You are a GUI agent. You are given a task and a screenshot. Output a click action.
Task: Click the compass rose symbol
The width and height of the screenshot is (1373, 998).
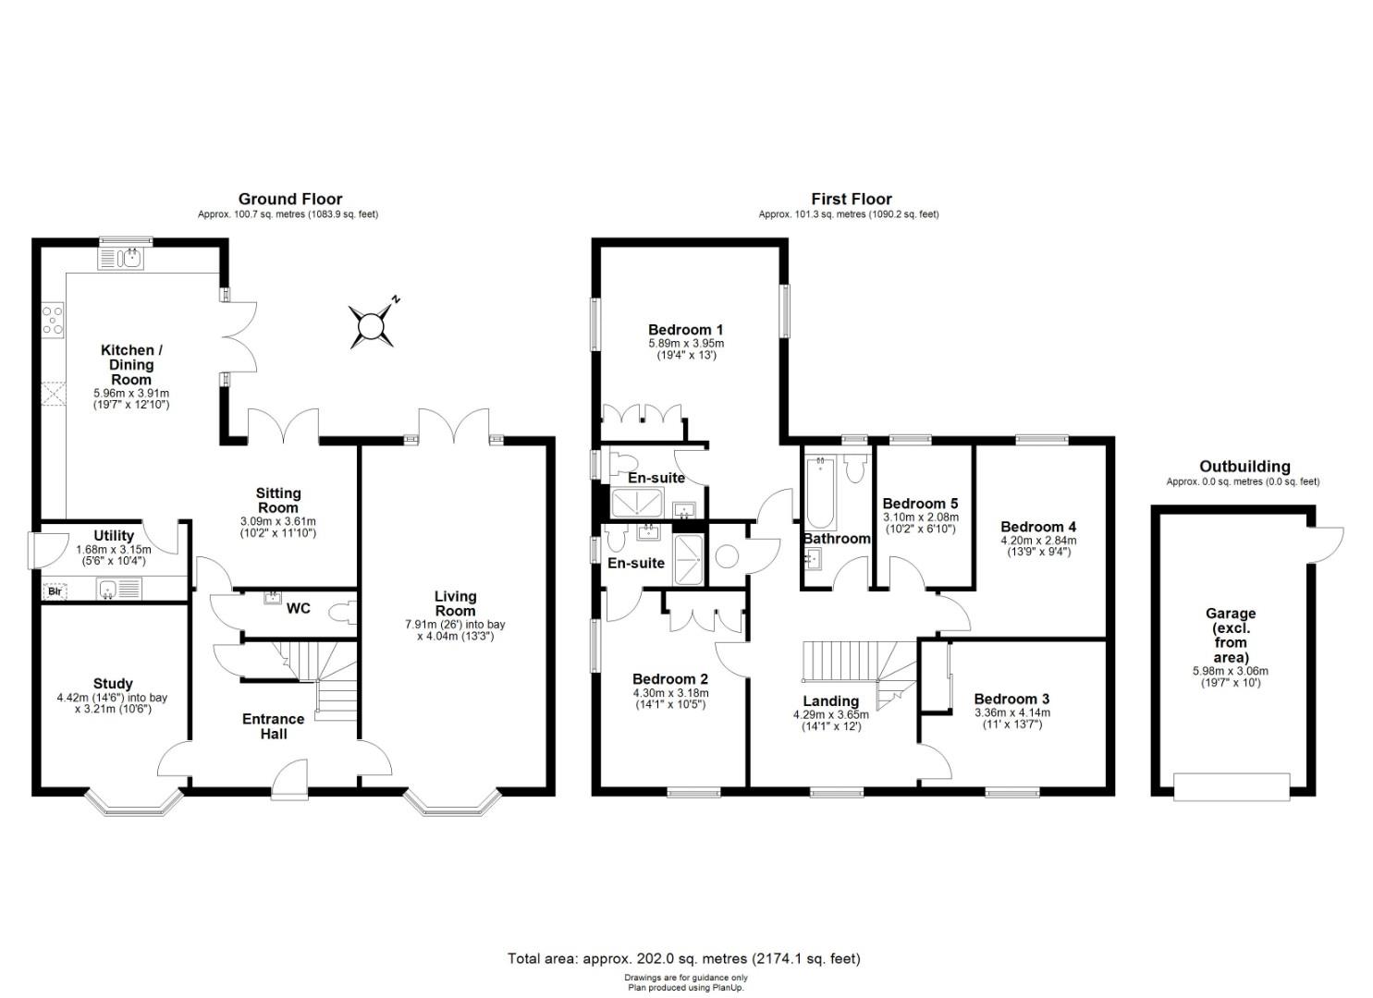(372, 325)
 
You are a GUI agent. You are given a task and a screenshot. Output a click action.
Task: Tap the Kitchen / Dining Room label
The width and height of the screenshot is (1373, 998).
(131, 364)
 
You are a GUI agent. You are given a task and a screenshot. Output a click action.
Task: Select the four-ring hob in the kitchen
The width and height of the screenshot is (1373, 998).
(53, 320)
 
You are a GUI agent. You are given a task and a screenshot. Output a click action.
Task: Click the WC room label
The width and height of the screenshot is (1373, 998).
(298, 608)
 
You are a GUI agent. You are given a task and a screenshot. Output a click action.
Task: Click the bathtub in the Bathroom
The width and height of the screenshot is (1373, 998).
(819, 492)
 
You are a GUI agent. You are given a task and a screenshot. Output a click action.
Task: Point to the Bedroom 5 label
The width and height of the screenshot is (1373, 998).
(920, 504)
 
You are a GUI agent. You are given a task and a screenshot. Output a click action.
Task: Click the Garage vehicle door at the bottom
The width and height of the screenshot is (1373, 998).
(1231, 787)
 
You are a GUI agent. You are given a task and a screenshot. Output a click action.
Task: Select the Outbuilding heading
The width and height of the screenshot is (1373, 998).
(1244, 467)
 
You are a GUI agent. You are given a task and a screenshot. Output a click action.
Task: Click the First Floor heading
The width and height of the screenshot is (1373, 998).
(851, 199)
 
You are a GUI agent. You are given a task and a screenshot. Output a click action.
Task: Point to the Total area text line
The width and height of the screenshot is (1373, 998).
(683, 958)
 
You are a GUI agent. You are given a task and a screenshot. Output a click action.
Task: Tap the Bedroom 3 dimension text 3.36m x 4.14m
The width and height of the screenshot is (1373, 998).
(1011, 712)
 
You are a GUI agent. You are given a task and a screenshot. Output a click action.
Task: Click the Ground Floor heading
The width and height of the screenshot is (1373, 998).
(289, 199)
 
